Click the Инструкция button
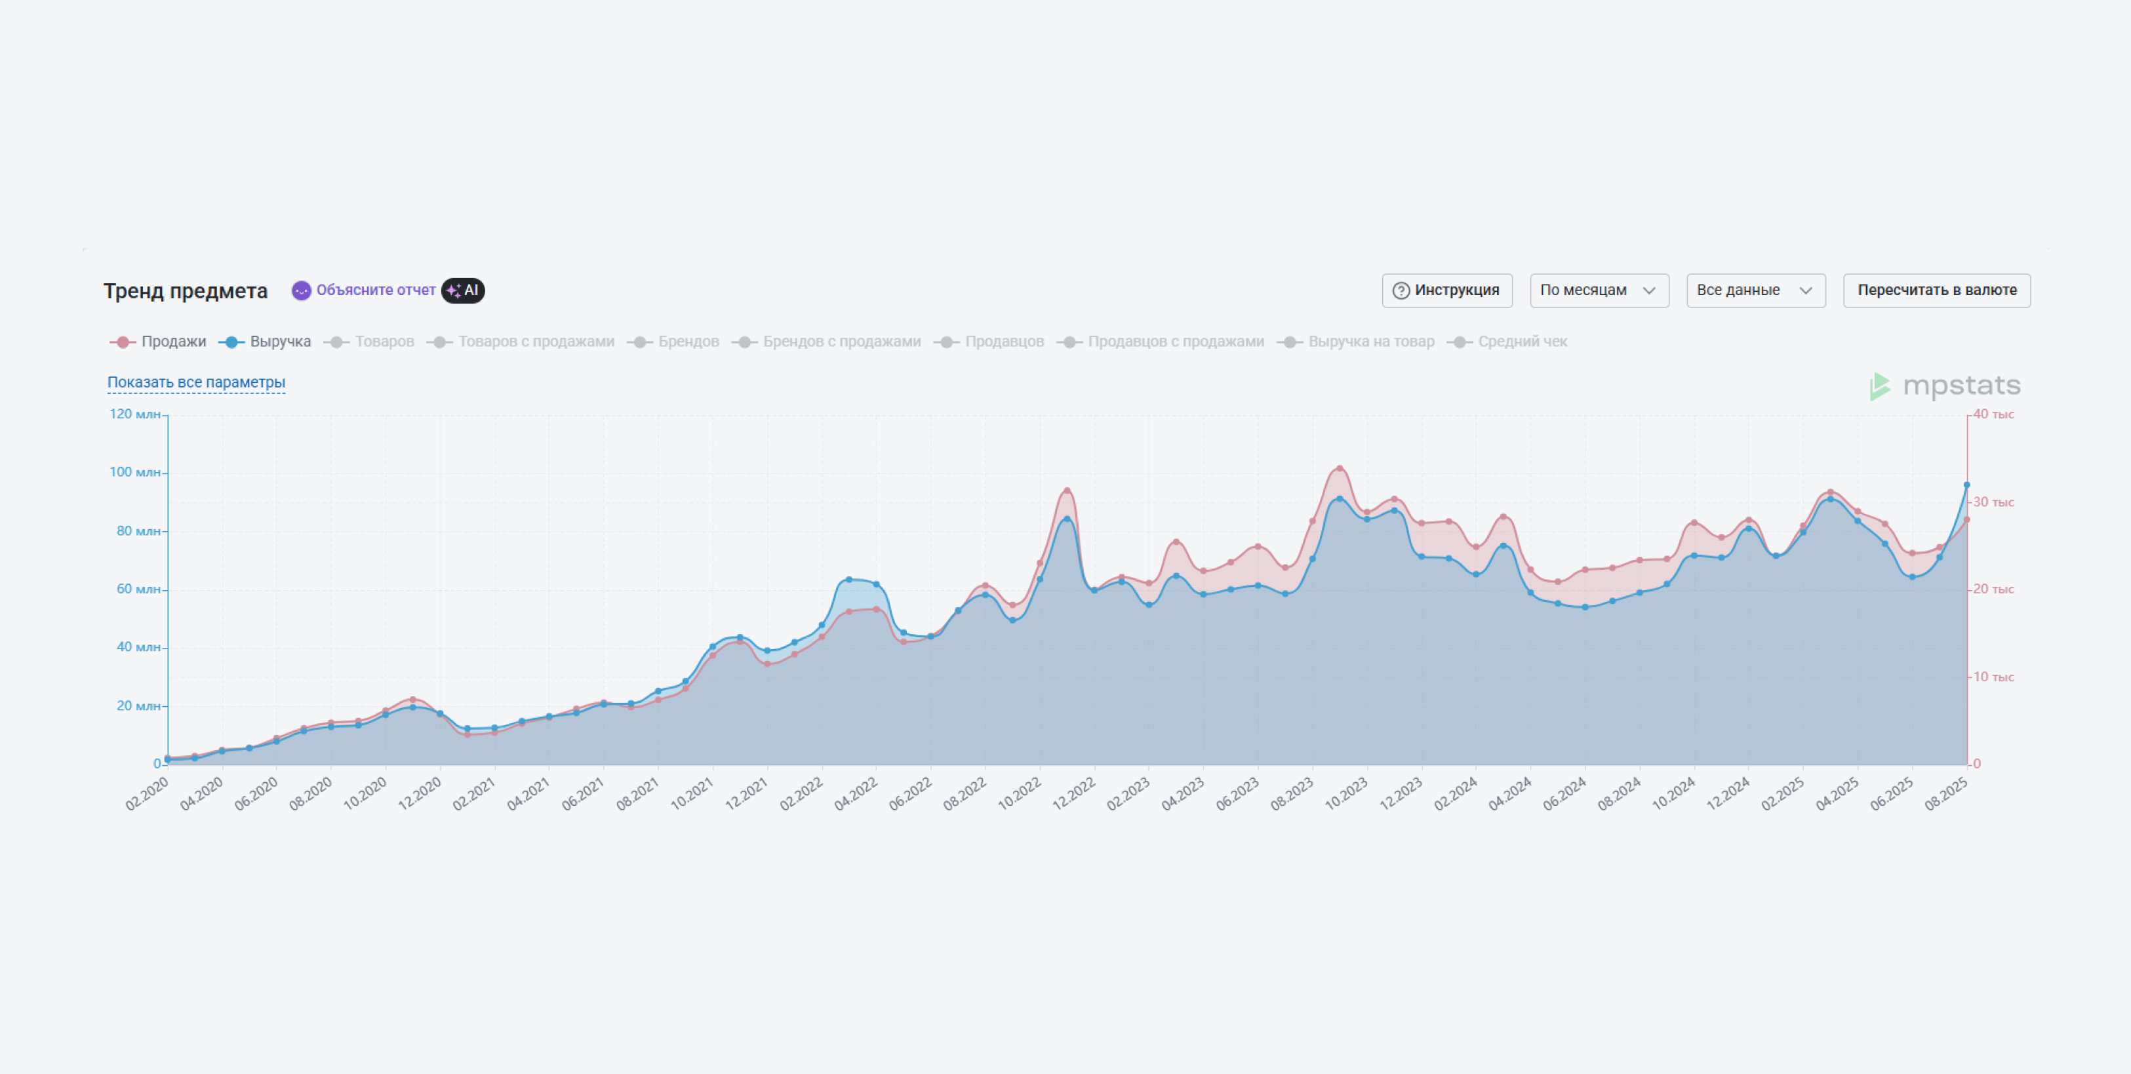pyautogui.click(x=1447, y=290)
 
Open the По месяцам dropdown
pyautogui.click(x=1599, y=290)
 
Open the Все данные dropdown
pyautogui.click(x=1755, y=290)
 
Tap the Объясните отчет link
pyautogui.click(x=375, y=290)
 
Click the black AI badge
pyautogui.click(x=464, y=290)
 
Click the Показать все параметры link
pyautogui.click(x=196, y=382)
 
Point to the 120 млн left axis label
pyautogui.click(x=135, y=414)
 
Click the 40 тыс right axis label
pyautogui.click(x=1994, y=414)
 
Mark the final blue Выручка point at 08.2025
pyautogui.click(x=1966, y=485)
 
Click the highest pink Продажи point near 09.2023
pyautogui.click(x=1340, y=468)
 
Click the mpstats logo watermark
pyautogui.click(x=1945, y=386)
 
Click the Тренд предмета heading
pyautogui.click(x=186, y=291)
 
